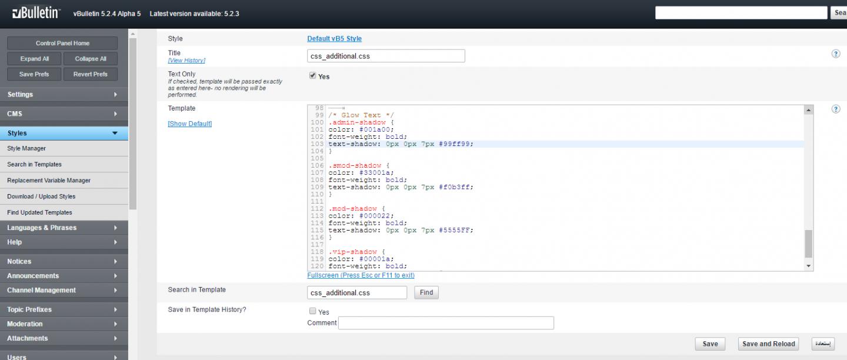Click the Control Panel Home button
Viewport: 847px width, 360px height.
62,43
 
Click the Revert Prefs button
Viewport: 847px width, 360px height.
91,74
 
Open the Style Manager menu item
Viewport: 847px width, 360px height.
26,148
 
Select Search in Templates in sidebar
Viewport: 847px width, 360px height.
34,164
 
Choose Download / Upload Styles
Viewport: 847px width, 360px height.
41,196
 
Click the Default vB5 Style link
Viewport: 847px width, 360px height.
334,39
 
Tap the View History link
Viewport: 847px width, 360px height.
186,61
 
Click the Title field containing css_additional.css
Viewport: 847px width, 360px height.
386,56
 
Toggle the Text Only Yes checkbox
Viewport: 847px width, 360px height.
313,76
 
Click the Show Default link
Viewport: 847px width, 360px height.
190,124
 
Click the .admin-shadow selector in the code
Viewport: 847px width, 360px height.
357,122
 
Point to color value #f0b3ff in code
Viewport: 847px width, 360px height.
454,187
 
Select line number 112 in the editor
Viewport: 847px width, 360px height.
317,209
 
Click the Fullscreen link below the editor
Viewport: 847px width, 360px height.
361,275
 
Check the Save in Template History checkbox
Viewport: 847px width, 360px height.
313,311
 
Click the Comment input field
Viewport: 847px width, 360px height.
446,323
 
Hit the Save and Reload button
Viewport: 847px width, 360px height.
768,344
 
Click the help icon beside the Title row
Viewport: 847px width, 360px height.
836,54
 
